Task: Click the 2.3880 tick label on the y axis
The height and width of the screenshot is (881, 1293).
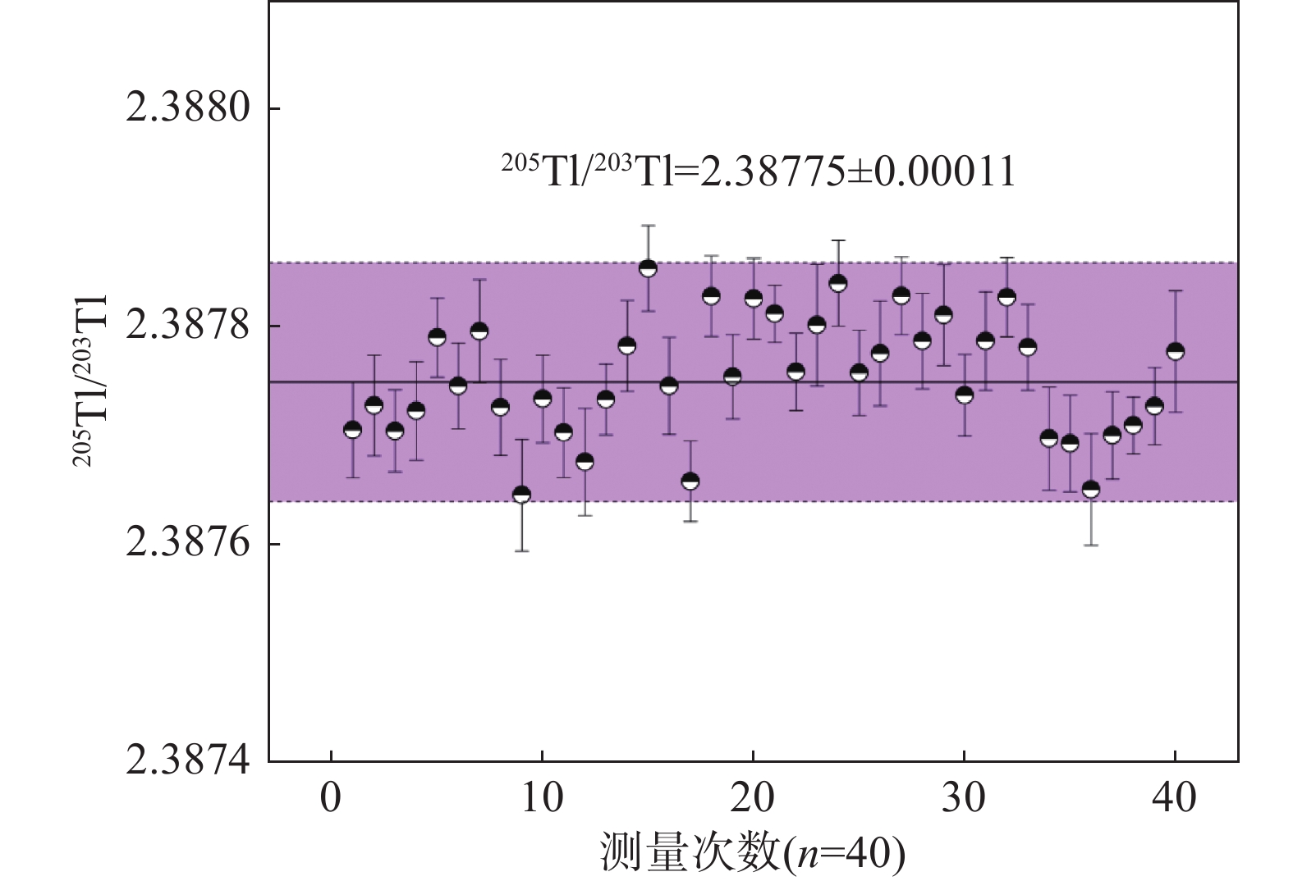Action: (x=188, y=108)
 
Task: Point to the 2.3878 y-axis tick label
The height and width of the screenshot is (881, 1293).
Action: (x=188, y=326)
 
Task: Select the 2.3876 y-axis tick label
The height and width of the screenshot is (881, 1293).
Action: (x=188, y=544)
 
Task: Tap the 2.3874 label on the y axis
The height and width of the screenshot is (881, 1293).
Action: (x=188, y=761)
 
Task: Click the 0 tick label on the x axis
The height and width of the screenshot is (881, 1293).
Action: (x=331, y=798)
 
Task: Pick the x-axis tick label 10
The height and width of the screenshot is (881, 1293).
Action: (x=542, y=798)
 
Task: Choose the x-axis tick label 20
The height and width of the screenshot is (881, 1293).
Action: (x=753, y=798)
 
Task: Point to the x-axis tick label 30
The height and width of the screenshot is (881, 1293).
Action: (x=964, y=798)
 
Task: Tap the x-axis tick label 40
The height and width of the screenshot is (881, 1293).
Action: (x=1175, y=798)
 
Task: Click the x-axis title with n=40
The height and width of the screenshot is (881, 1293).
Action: (x=753, y=854)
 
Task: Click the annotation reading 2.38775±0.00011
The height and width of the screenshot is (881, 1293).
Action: (x=759, y=171)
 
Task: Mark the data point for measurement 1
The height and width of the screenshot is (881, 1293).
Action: (x=352, y=430)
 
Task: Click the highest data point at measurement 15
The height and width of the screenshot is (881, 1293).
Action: (x=648, y=268)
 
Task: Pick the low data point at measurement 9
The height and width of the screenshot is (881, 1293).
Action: (x=521, y=495)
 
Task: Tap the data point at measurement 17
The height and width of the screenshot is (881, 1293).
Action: (x=690, y=481)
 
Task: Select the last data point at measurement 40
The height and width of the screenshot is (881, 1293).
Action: (x=1176, y=351)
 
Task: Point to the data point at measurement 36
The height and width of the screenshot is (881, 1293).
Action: (x=1091, y=489)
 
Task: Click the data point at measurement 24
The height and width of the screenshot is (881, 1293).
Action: (x=838, y=284)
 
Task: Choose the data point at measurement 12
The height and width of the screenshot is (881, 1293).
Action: (x=585, y=462)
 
